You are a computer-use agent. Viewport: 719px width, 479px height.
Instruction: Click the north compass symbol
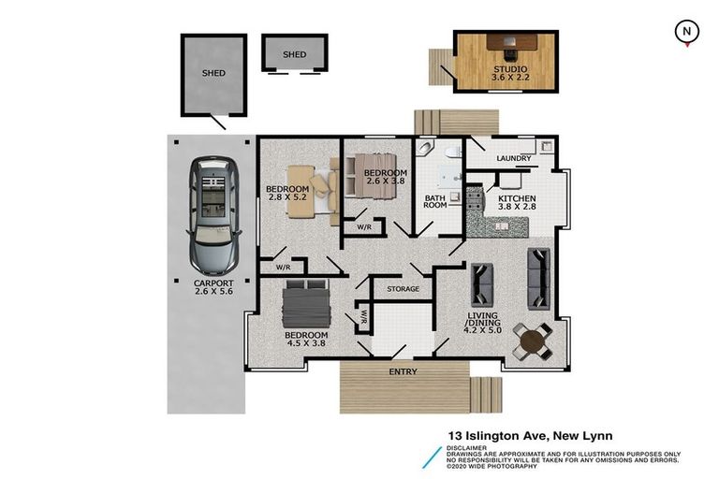[687, 32]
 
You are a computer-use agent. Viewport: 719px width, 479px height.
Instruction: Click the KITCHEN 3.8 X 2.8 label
[517, 205]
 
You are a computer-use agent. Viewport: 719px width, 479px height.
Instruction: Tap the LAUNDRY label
[514, 158]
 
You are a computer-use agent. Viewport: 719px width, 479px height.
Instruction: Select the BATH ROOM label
[434, 202]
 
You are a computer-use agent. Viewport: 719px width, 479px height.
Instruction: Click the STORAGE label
[404, 289]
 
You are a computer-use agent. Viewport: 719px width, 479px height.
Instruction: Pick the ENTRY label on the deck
[404, 372]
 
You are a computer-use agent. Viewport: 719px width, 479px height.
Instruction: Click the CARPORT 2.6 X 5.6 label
[213, 288]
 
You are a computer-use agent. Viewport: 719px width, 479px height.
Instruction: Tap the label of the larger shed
[213, 72]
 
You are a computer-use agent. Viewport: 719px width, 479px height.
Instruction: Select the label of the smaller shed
[294, 54]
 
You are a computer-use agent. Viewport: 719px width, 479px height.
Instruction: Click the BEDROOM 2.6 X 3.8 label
[385, 180]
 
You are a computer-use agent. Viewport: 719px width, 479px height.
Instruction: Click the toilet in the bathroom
[450, 152]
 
